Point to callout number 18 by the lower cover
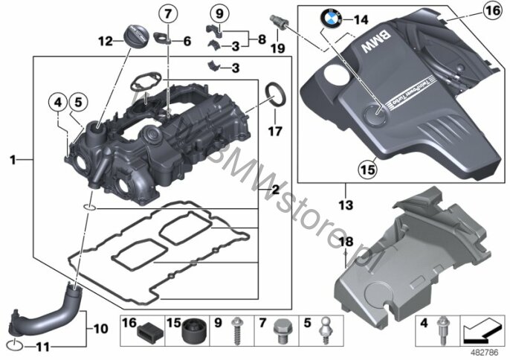[x=345, y=242]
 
